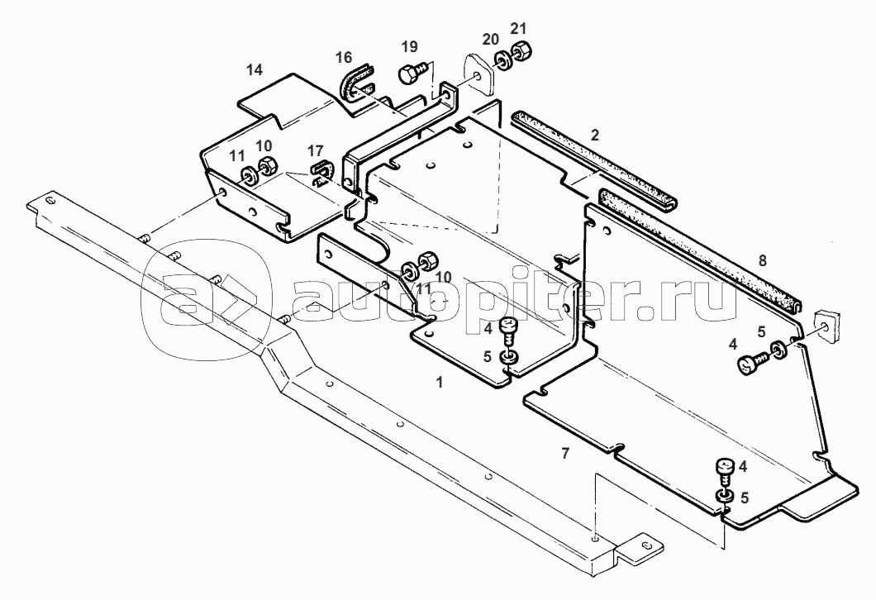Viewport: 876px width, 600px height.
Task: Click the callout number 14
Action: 255,69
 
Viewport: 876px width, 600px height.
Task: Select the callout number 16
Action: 344,57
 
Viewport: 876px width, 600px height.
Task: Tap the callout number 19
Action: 410,46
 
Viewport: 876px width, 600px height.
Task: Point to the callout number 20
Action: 491,39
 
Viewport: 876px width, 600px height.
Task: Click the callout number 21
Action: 518,29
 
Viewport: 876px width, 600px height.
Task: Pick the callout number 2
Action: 595,135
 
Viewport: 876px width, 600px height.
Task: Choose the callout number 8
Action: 763,260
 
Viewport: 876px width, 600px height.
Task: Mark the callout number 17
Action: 315,151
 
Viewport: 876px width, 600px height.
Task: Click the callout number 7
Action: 565,454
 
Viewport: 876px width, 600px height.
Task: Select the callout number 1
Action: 440,382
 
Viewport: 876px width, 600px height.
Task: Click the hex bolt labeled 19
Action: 412,73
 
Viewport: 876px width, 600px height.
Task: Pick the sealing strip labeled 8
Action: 701,251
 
